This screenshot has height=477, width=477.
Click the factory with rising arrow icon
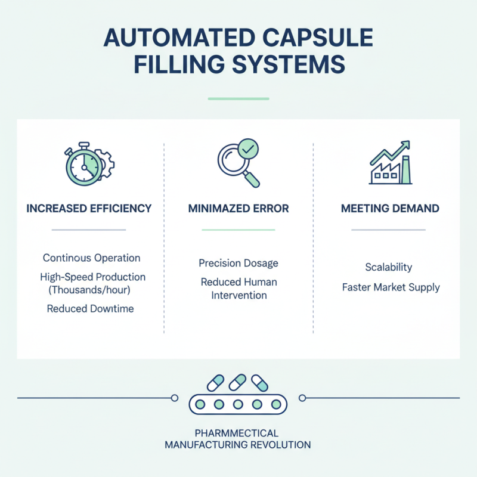pos(390,163)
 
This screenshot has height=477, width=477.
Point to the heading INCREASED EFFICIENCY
pos(89,209)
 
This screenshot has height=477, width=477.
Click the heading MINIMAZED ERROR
pos(238,209)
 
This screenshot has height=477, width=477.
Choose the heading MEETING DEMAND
pos(390,209)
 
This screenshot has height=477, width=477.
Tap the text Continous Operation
pos(91,258)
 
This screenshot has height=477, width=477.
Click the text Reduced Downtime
pos(90,308)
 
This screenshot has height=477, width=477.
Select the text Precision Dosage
pos(238,263)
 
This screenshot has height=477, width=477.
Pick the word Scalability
pos(389,267)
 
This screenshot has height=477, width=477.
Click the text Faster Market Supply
pos(391,287)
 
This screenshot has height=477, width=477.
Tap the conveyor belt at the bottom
pos(238,404)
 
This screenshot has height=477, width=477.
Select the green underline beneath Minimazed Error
pos(238,230)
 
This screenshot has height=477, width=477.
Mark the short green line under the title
pos(238,98)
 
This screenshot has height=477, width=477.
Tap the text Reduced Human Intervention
pos(238,288)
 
